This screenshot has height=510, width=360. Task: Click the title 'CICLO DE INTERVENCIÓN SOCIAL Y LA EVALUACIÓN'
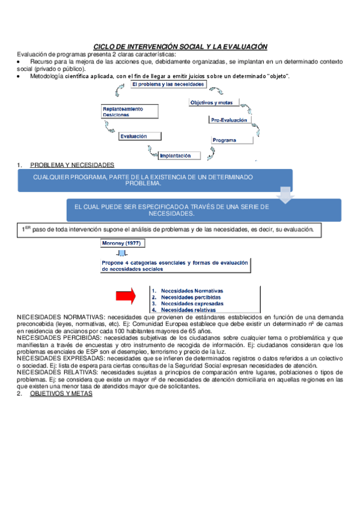(x=180, y=46)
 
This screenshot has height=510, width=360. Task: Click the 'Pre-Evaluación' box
(x=228, y=120)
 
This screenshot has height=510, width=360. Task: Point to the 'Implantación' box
(x=178, y=155)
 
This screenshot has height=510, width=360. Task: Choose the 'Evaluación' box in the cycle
(x=133, y=137)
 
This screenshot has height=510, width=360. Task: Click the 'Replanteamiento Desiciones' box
(x=130, y=112)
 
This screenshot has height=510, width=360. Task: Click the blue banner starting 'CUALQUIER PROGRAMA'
(x=154, y=180)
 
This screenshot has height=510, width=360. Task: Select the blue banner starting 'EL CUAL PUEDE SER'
(x=204, y=210)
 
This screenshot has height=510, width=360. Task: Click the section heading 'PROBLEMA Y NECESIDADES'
(x=72, y=165)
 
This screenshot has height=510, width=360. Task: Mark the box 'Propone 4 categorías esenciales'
(x=175, y=266)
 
